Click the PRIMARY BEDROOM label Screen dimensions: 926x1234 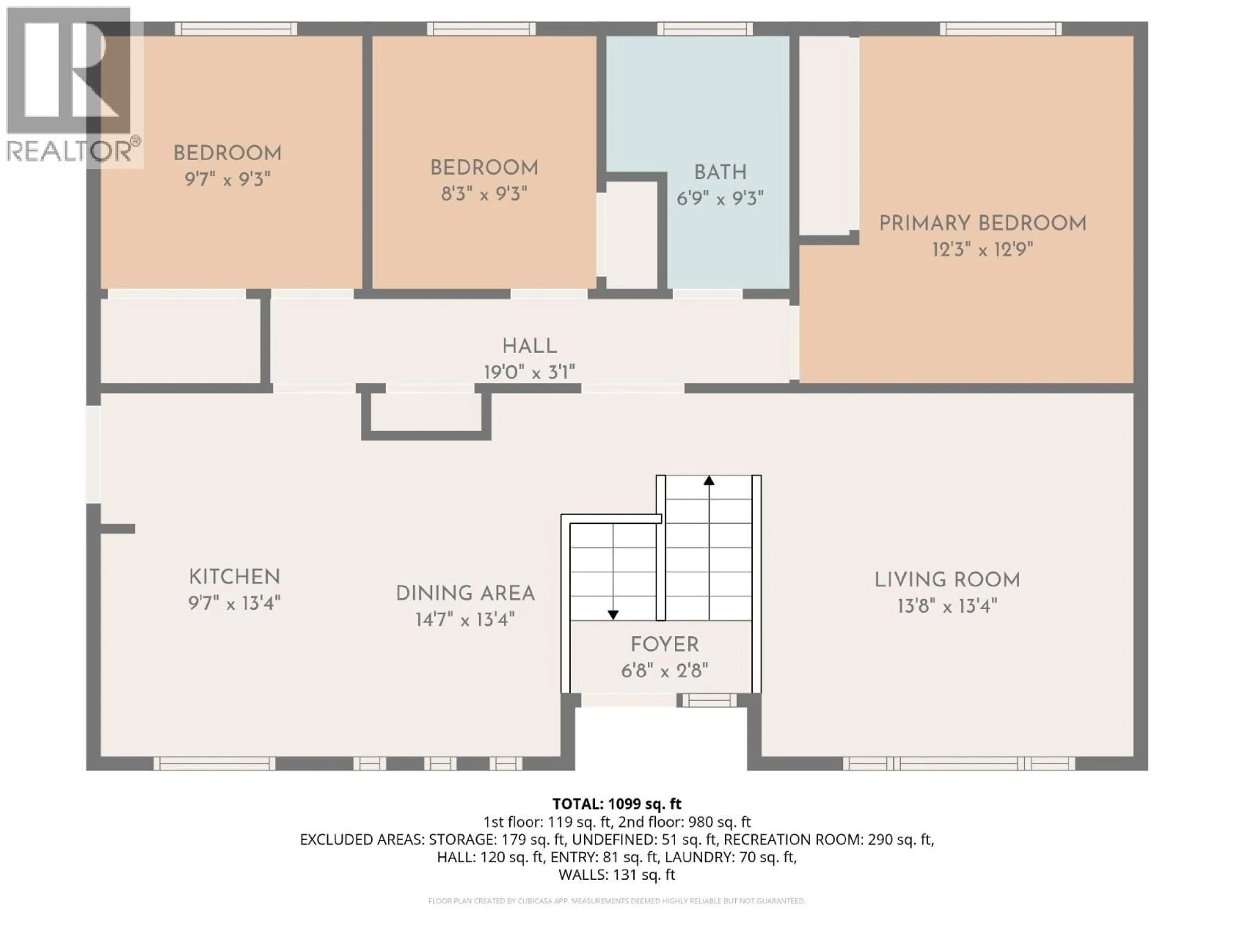coord(982,223)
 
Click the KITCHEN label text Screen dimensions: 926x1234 coord(234,576)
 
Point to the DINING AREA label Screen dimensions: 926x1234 coord(465,593)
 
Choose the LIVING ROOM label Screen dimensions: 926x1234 coord(947,580)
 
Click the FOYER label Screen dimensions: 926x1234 coord(665,645)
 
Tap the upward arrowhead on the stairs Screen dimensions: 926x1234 coord(709,480)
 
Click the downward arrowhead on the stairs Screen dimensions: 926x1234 coord(613,614)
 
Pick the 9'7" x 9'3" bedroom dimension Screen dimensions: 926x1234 coord(227,179)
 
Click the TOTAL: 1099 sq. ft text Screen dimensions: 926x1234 coord(616,804)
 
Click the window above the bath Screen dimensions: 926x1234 coord(705,29)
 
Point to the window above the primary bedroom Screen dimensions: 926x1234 coord(1001,29)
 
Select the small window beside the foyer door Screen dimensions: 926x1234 coord(709,700)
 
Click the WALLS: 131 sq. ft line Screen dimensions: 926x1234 coord(616,875)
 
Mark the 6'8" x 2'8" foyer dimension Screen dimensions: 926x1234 coord(665,670)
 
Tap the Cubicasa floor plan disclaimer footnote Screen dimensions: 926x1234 coord(616,901)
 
